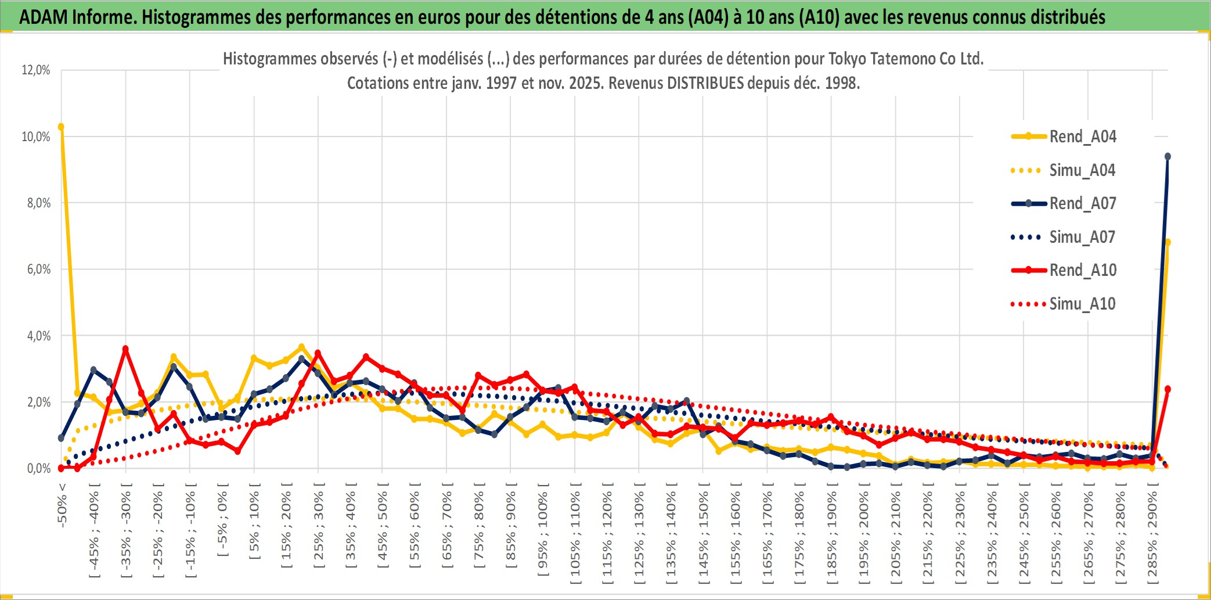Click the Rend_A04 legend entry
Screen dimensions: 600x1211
pos(1082,136)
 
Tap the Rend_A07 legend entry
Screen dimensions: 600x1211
pos(1082,203)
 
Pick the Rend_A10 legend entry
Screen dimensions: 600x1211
pos(1082,270)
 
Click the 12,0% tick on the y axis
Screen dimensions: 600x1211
pos(36,70)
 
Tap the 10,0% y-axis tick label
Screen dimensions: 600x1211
pos(36,137)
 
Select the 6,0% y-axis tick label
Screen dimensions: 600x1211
pos(38,270)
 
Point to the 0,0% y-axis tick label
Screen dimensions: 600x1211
pos(38,469)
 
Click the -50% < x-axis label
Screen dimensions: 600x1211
pos(62,505)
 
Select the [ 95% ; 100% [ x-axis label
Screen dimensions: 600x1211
pos(543,529)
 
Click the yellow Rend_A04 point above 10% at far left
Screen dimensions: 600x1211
pos(61,127)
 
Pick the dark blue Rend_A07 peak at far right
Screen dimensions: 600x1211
pos(1167,157)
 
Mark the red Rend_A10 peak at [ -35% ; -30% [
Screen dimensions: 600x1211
pos(125,348)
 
